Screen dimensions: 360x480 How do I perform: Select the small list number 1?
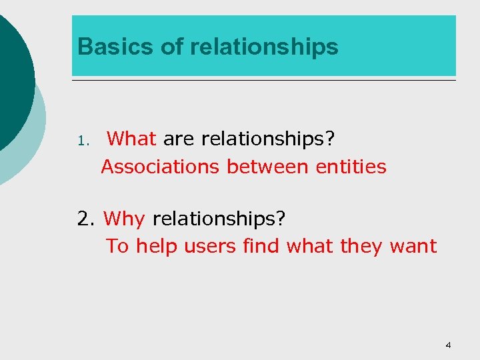point(81,141)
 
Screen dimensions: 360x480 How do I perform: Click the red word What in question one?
point(131,139)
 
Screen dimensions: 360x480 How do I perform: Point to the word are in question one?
point(178,139)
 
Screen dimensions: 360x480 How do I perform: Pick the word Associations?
point(160,166)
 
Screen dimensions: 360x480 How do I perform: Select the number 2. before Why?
point(87,219)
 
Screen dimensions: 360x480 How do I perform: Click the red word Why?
point(125,219)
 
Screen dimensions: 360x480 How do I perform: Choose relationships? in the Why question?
point(218,219)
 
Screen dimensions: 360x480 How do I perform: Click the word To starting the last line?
point(117,246)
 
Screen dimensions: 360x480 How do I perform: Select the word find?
point(262,246)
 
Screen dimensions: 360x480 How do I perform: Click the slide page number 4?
point(448,345)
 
